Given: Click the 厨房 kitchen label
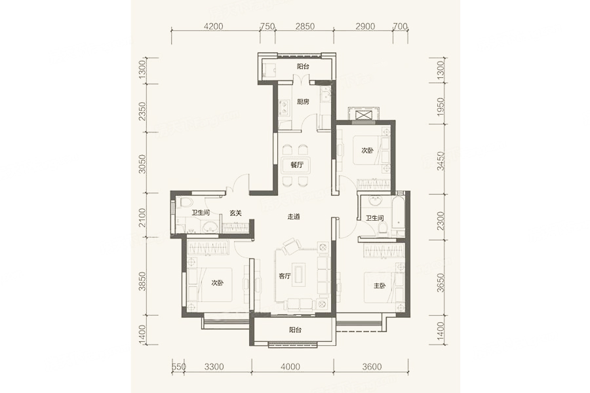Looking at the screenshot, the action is [x=303, y=102].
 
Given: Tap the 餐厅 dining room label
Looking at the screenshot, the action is [x=297, y=164].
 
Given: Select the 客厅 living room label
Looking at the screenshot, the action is [x=285, y=276].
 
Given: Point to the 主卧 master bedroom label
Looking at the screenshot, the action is [x=380, y=286].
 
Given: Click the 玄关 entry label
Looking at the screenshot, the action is [x=235, y=214].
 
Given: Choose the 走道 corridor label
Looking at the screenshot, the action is [x=294, y=217].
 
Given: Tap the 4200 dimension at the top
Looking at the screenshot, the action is [x=213, y=26].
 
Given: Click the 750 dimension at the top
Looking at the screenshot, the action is [x=267, y=26].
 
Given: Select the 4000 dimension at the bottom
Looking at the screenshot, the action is [x=290, y=367].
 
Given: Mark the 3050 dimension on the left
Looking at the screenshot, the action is [x=142, y=164].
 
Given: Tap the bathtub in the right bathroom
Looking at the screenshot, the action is [x=398, y=214].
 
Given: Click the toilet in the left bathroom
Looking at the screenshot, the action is [x=185, y=203].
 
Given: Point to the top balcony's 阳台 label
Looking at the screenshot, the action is [x=303, y=67].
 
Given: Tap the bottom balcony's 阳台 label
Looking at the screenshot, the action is [x=296, y=330].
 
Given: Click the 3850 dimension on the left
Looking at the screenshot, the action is [x=142, y=281].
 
